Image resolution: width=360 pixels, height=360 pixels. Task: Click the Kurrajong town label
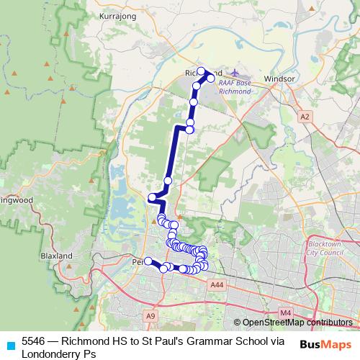point(117,14)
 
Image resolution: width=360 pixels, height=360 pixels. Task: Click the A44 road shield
point(217,285)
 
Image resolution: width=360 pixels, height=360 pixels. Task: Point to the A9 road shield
point(150,315)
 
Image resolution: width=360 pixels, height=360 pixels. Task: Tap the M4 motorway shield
point(286,312)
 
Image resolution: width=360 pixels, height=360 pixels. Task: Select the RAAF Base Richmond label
point(235,88)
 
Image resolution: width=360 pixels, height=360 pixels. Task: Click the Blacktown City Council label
point(325,249)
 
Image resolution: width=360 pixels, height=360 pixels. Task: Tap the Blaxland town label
point(57,256)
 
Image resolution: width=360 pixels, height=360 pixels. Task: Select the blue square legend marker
point(10,344)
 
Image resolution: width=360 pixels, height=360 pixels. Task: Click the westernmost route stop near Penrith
point(148,261)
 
